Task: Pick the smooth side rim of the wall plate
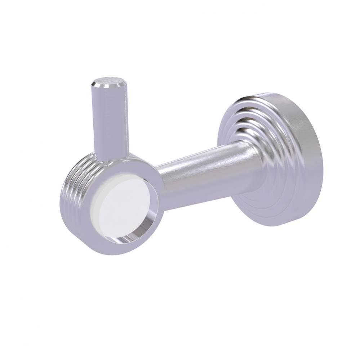click(x=303, y=158)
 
